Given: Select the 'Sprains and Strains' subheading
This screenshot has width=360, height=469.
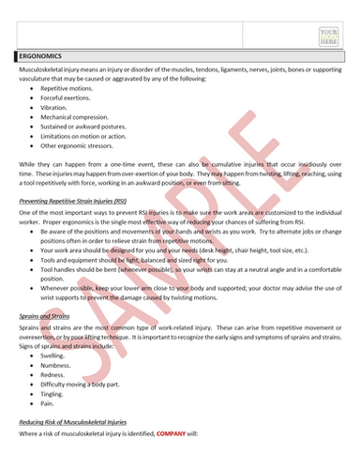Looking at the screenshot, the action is tap(48, 318).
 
